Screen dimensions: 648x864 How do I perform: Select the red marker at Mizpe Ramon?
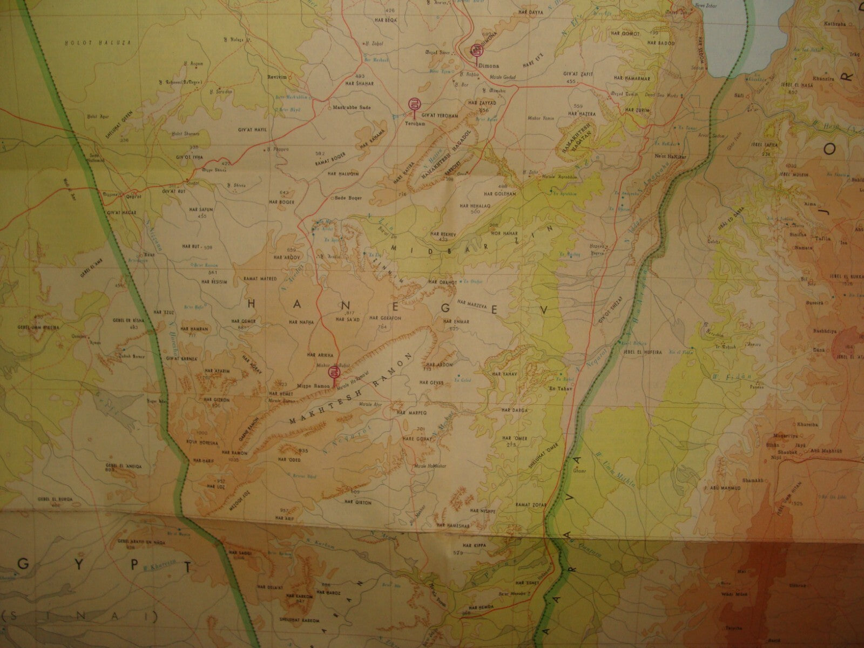click(335, 372)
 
